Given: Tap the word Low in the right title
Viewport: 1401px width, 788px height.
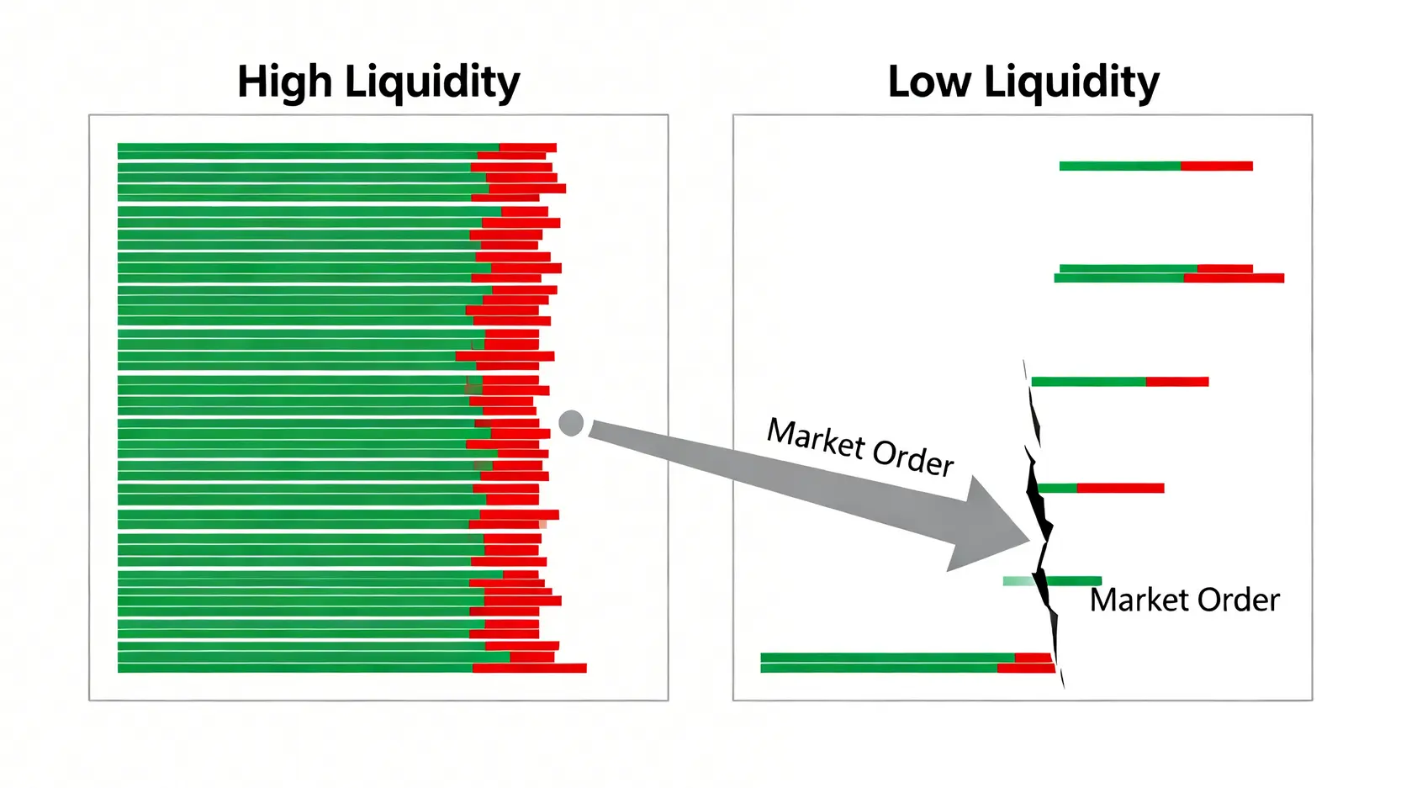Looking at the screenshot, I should tap(928, 82).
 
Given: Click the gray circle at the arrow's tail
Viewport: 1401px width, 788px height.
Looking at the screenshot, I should tap(571, 423).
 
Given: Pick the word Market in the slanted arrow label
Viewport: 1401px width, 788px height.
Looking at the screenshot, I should tap(816, 438).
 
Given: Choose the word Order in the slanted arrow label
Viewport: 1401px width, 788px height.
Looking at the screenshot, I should tap(913, 458).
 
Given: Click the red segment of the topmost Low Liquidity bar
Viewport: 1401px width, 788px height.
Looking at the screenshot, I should tap(1216, 167).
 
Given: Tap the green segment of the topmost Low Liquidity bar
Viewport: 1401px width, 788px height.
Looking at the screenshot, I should tap(1119, 167).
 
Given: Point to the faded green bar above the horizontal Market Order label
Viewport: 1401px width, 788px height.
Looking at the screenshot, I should tap(1019, 581).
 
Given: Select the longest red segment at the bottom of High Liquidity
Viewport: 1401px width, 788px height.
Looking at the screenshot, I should tap(529, 669).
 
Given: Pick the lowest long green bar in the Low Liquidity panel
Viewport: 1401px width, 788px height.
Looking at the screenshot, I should tap(879, 669).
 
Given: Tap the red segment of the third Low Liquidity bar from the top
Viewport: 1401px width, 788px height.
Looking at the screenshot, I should tap(1234, 278).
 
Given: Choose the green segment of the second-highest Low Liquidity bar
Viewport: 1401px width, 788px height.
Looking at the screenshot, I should tap(1127, 269).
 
